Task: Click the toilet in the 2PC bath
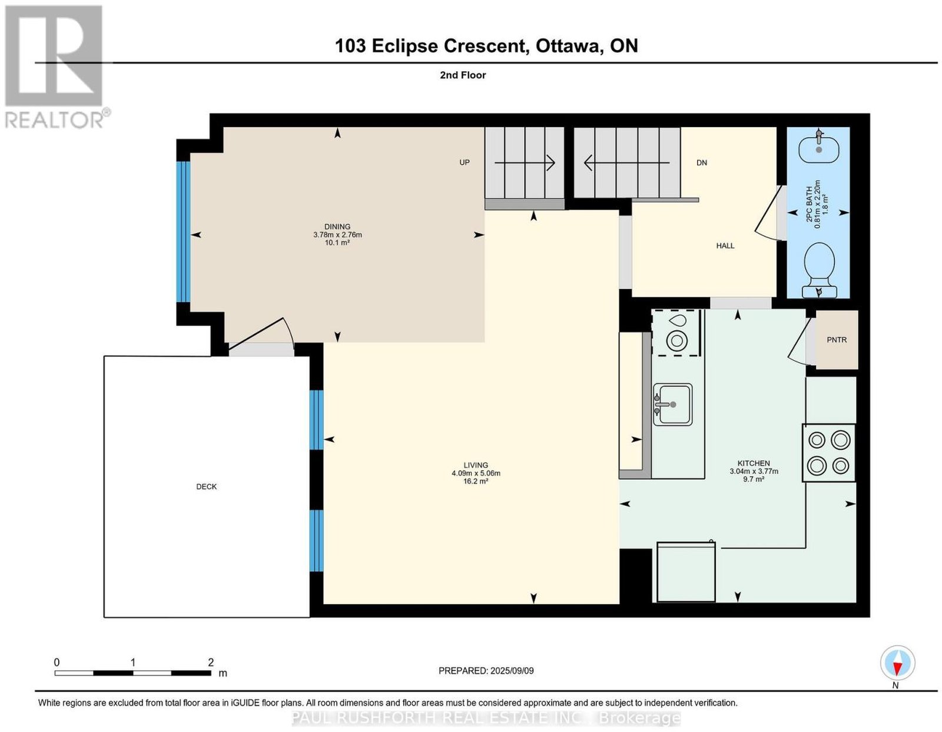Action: pyautogui.click(x=818, y=270)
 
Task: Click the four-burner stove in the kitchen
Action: pyautogui.click(x=828, y=453)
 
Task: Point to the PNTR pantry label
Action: pyautogui.click(x=836, y=340)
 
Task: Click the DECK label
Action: pyautogui.click(x=206, y=486)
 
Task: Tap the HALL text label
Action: pyautogui.click(x=725, y=246)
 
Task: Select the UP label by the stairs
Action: pyautogui.click(x=465, y=163)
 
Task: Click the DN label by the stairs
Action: pyautogui.click(x=701, y=163)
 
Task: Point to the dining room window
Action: pyautogui.click(x=183, y=232)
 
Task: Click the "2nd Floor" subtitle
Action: pyautogui.click(x=463, y=75)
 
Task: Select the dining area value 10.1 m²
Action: pyautogui.click(x=337, y=243)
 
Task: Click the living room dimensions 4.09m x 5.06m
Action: pyautogui.click(x=476, y=473)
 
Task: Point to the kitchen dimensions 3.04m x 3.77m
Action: pyautogui.click(x=754, y=471)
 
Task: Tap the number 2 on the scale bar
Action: pyautogui.click(x=211, y=663)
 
